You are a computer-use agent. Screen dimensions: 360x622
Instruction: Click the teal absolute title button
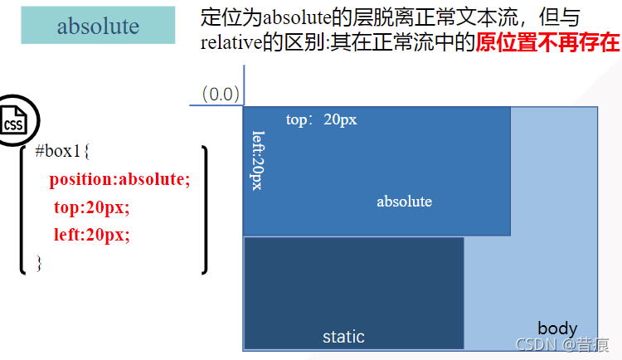(98, 26)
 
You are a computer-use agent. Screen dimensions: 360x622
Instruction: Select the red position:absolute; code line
(119, 179)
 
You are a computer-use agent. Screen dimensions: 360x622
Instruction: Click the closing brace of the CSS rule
(38, 262)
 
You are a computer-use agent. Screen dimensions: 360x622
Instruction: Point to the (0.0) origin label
(221, 94)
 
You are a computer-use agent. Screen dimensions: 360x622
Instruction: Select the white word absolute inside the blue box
(404, 201)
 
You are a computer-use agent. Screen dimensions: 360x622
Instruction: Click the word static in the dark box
(343, 336)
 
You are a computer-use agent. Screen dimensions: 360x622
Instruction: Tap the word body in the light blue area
(557, 328)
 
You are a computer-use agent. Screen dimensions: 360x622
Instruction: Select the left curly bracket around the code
(23, 209)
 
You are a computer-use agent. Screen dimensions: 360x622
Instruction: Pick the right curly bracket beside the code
(204, 209)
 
